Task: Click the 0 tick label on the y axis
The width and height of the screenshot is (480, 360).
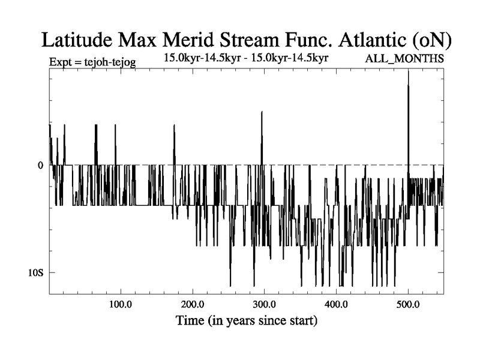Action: pyautogui.click(x=40, y=165)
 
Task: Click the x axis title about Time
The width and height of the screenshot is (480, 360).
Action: pyautogui.click(x=247, y=321)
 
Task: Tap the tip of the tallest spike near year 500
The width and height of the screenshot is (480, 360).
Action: pyautogui.click(x=408, y=70)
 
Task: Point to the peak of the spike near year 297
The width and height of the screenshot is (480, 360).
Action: pyautogui.click(x=262, y=112)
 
